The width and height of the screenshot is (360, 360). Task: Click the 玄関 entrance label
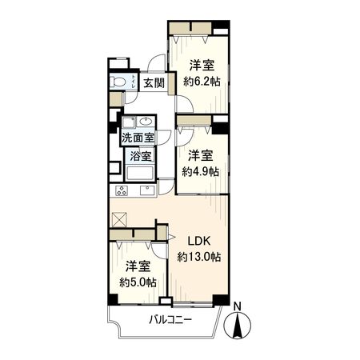154,83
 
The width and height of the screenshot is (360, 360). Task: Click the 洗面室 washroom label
138,138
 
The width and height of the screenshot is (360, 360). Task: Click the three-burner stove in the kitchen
122,190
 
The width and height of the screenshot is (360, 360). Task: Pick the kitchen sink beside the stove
147,190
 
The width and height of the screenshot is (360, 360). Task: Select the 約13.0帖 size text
199,257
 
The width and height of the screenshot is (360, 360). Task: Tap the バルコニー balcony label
170,321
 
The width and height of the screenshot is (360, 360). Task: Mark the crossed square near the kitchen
121,218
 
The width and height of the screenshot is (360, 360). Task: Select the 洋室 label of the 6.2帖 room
202,66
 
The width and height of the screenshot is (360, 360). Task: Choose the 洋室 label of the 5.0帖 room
138,266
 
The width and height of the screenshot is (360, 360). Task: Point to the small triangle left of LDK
170,237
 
